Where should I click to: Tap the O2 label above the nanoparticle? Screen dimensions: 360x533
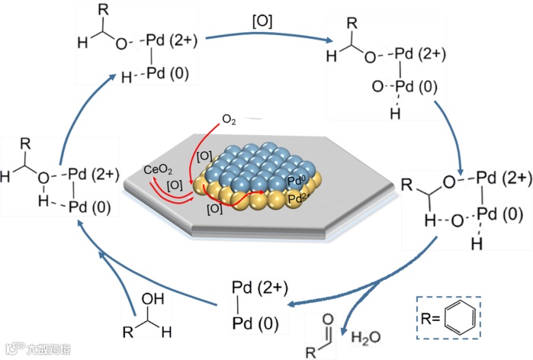pyautogui.click(x=230, y=120)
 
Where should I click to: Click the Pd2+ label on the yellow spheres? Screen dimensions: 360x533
pyautogui.click(x=300, y=199)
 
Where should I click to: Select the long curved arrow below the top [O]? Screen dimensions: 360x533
pyautogui.click(x=258, y=36)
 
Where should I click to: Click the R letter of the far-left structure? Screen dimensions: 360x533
pyautogui.click(x=27, y=143)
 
